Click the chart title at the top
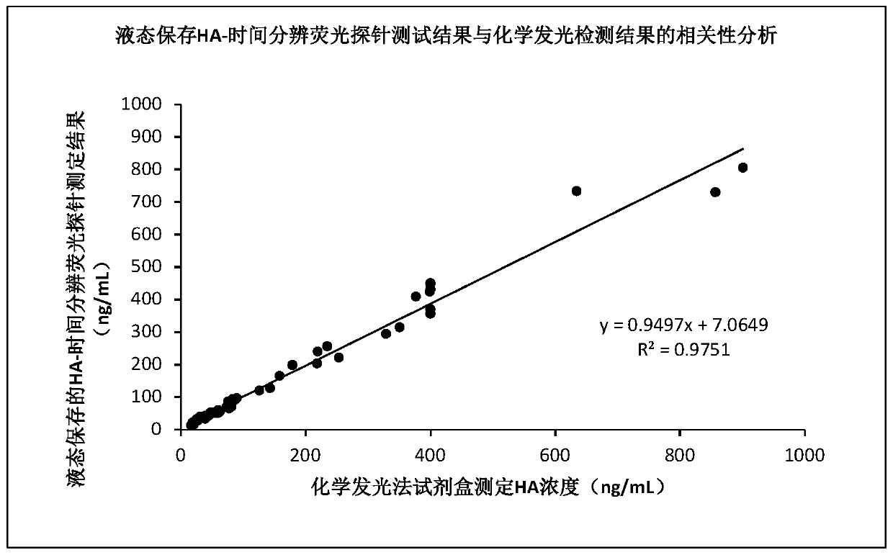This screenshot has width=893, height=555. click(x=447, y=35)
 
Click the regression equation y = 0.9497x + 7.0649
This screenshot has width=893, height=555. click(x=684, y=325)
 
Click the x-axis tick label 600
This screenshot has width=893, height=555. click(x=555, y=455)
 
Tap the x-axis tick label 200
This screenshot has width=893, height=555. click(x=305, y=455)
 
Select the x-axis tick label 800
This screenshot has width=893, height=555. click(x=680, y=455)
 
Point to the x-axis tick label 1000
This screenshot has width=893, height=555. click(x=804, y=455)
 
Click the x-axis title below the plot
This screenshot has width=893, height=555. click(x=488, y=487)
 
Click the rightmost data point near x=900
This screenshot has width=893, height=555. click(x=742, y=168)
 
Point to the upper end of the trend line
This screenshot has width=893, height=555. click(x=742, y=149)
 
